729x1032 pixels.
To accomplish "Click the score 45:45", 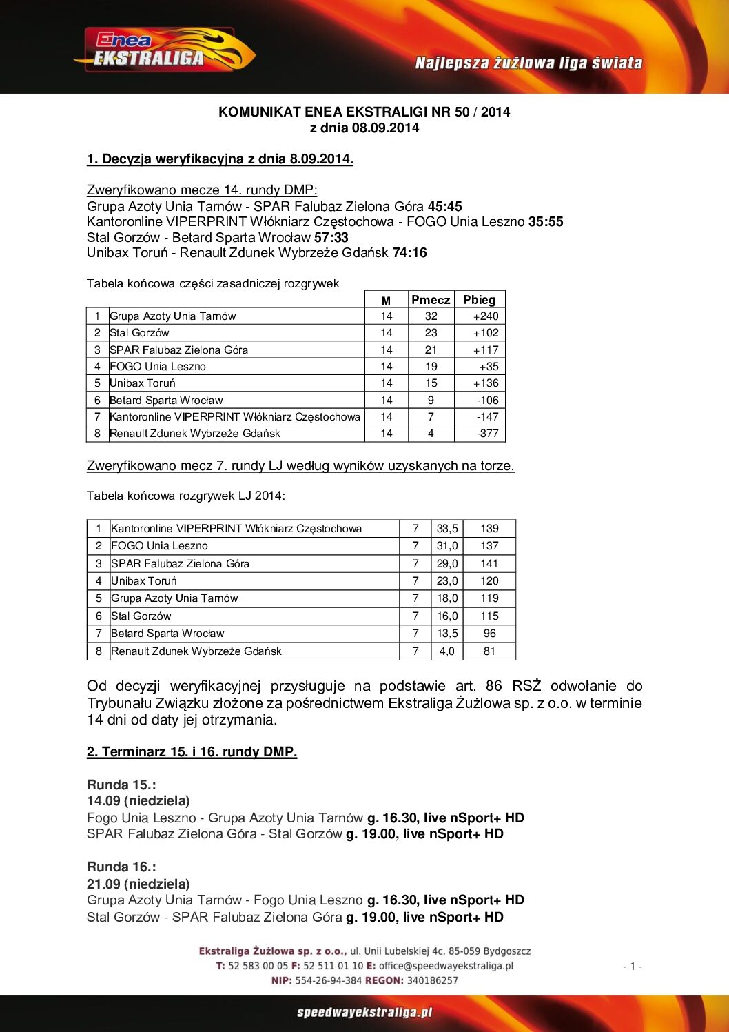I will click(x=444, y=206).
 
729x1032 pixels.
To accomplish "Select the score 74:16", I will click(x=409, y=252).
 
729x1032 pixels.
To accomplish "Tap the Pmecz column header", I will click(x=431, y=299).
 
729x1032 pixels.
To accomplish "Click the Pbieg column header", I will click(x=479, y=299).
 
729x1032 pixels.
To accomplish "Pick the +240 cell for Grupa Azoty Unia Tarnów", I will click(x=485, y=316).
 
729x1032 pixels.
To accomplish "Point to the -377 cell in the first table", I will click(x=487, y=433).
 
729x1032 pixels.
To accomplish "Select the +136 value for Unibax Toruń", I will click(x=485, y=383).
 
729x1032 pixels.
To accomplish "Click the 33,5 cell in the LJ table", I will click(x=447, y=528).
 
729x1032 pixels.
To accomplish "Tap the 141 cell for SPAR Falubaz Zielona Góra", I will click(x=489, y=563).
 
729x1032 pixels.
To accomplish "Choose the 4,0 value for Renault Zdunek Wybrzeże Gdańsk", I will click(x=447, y=651).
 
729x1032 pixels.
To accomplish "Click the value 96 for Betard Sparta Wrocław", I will click(x=489, y=633).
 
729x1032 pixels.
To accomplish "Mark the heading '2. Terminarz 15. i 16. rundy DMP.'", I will click(x=192, y=751).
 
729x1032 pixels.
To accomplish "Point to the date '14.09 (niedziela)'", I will click(x=138, y=800).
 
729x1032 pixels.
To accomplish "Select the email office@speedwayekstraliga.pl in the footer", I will click(x=446, y=966).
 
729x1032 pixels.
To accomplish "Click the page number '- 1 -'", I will click(x=632, y=966).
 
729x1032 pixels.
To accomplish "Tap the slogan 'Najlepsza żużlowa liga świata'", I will click(x=528, y=63).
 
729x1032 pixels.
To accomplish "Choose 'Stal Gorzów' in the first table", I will click(x=139, y=332).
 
